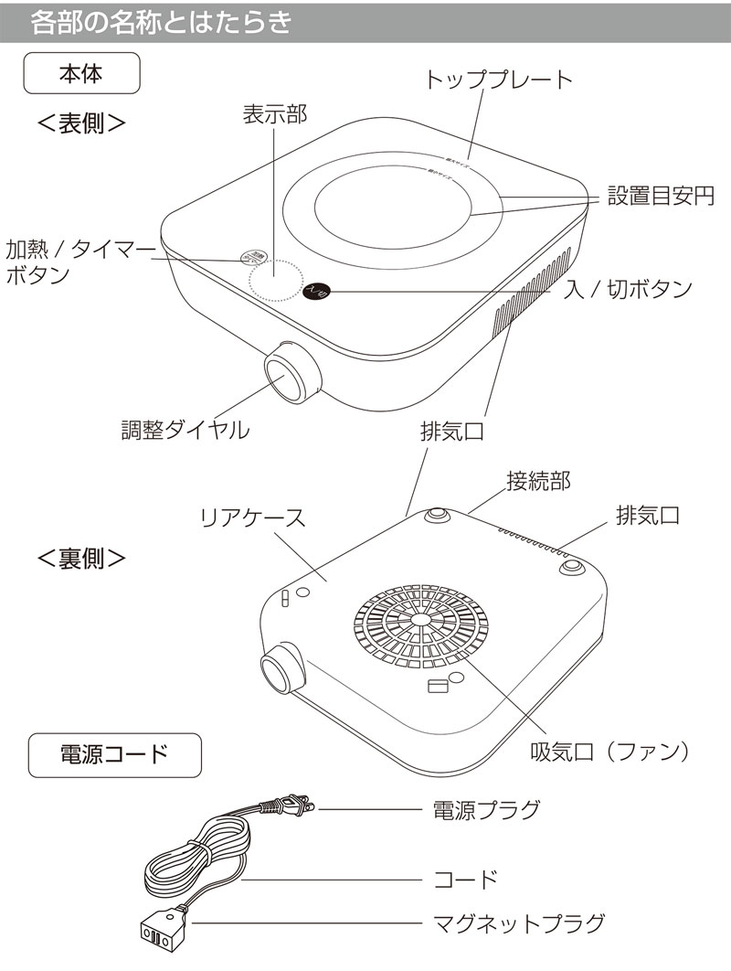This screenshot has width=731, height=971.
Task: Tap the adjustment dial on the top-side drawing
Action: (291, 375)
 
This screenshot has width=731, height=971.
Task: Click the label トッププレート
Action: (499, 80)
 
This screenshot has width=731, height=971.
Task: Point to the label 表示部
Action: (274, 113)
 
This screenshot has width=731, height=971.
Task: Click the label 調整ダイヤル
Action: (185, 430)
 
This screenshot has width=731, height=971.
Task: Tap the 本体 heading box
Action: (80, 74)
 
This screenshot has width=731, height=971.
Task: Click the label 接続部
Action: (538, 480)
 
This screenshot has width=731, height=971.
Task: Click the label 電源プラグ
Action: (485, 808)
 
